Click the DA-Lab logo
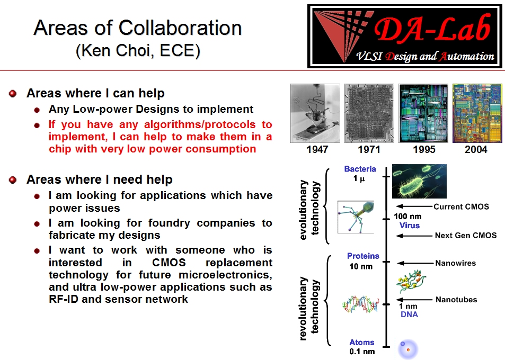pyautogui.click(x=404, y=36)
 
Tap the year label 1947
pyautogui.click(x=317, y=150)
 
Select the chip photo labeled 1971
pyautogui.click(x=369, y=113)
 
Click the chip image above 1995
pyautogui.click(x=423, y=113)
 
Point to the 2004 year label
pyautogui.click(x=476, y=150)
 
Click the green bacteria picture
pyautogui.click(x=419, y=181)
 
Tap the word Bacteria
pyautogui.click(x=360, y=169)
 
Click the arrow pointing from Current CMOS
pyautogui.click(x=414, y=206)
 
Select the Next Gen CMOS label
pyautogui.click(x=466, y=236)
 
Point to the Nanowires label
pyautogui.click(x=455, y=263)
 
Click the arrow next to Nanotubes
pyautogui.click(x=415, y=300)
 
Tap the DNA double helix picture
pyautogui.click(x=361, y=304)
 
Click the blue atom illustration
pyautogui.click(x=407, y=349)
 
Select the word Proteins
pyautogui.click(x=363, y=256)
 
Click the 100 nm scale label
pyautogui.click(x=407, y=217)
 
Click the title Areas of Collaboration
pyautogui.click(x=138, y=28)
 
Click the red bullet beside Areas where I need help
pyautogui.click(x=13, y=180)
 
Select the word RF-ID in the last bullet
pyautogui.click(x=64, y=299)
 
